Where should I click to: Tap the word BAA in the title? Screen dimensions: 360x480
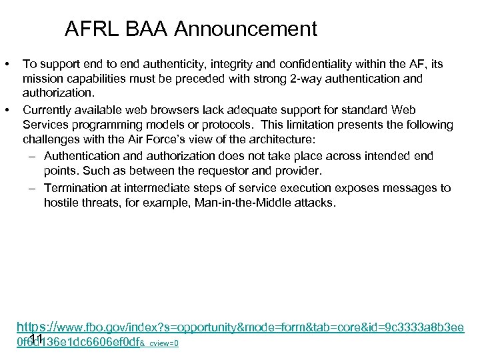(141, 29)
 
